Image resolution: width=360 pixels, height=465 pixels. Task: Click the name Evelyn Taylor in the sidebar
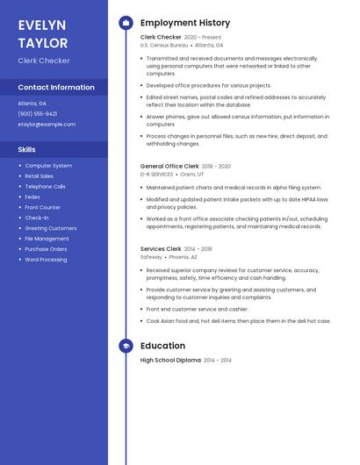coord(43,33)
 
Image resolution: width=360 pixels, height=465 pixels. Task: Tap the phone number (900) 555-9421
coord(37,113)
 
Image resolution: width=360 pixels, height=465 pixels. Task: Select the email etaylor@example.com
coord(47,124)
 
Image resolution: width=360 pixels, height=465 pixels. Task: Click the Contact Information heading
coord(56,87)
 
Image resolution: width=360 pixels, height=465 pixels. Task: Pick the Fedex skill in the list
coord(33,197)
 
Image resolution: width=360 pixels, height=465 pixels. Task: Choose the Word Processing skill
coord(46,260)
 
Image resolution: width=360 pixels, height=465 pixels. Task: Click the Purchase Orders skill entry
coord(46,249)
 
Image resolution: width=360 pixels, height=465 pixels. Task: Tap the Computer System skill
coord(48,165)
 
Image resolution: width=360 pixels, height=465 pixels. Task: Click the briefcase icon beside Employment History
coord(126,23)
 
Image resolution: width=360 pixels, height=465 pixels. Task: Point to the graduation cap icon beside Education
coord(126,346)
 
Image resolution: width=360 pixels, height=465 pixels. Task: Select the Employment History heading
coord(185,23)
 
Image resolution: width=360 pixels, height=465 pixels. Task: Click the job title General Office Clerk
coord(169,166)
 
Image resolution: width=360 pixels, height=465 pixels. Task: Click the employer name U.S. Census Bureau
coord(163,45)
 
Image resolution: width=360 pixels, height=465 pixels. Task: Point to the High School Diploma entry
coord(170,360)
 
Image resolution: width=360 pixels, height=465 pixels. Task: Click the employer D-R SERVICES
coord(157,174)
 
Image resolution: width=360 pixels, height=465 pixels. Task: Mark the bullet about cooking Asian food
coord(238,321)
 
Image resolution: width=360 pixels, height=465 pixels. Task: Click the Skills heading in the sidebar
coord(26,149)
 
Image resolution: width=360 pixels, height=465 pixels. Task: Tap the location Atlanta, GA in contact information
coord(32,103)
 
